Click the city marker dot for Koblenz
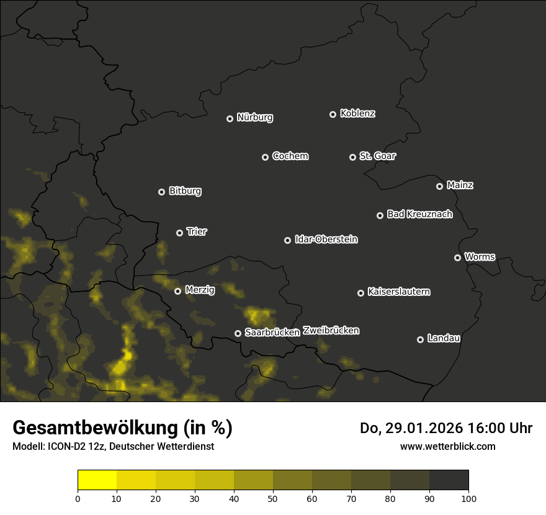333,114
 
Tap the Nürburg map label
255,117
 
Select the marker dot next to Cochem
265,157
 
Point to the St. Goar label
377,156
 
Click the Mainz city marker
439,186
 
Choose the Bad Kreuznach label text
419,215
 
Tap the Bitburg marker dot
161,192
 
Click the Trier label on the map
197,232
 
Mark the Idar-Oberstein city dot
287,240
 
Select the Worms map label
480,257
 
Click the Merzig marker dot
177,291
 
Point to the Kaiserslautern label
399,292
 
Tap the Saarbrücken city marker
238,333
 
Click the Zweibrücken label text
331,331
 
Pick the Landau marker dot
420,339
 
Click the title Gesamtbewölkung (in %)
123,428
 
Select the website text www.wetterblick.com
448,446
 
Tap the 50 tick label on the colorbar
273,498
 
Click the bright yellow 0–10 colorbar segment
97,480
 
